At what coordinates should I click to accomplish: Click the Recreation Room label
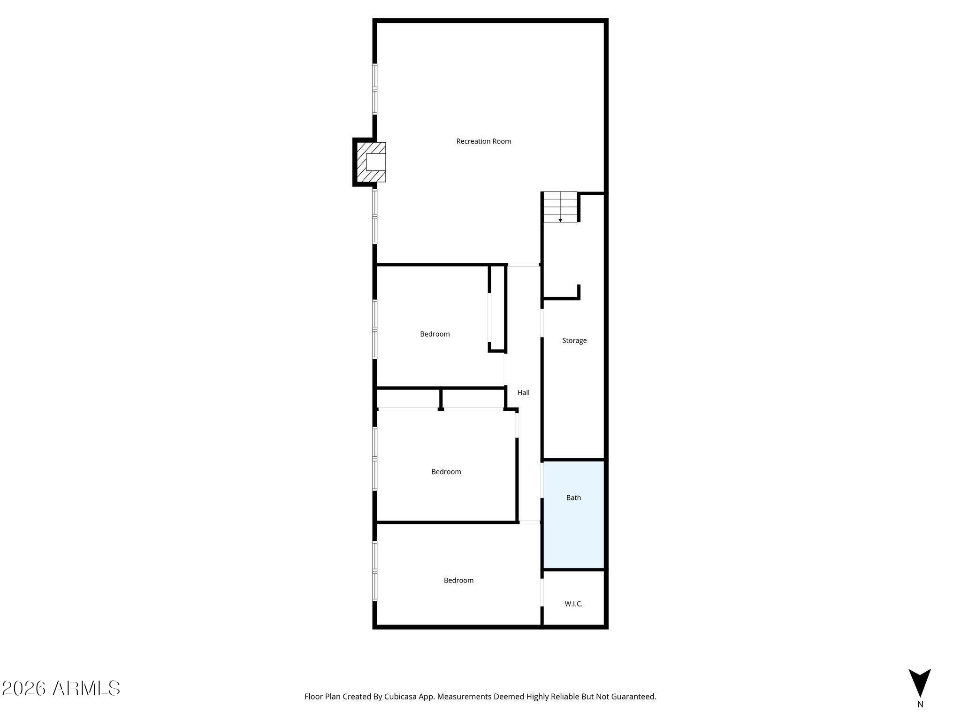483,141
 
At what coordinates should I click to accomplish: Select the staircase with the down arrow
560,207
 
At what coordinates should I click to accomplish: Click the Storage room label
574,341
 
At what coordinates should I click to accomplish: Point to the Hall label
523,392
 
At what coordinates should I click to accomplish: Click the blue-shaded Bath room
573,514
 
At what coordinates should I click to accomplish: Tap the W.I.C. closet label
573,604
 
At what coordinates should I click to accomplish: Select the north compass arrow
920,683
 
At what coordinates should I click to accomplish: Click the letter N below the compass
920,704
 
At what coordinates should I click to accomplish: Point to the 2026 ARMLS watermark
61,688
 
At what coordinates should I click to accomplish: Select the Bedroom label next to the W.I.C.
458,581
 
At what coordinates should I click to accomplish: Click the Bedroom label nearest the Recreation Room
435,334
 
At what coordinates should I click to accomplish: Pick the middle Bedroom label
446,472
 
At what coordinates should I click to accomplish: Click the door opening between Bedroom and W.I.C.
542,593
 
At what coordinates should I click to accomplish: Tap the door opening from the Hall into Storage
542,323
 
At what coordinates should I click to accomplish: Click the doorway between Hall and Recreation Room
523,265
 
